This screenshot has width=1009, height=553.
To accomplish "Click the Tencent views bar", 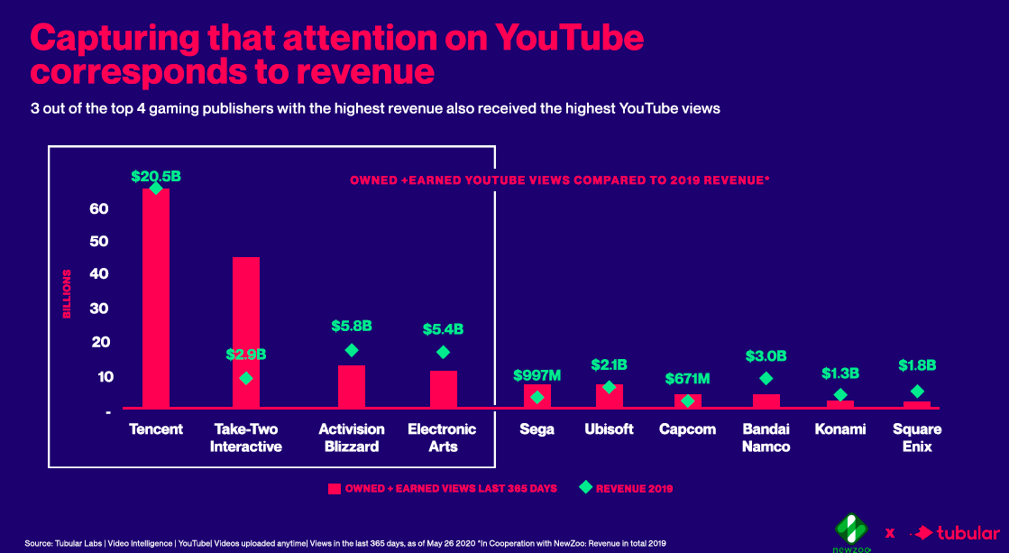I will [156, 298].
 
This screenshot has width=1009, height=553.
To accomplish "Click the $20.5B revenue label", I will [156, 177].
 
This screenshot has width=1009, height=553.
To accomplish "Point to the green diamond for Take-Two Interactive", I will [246, 378].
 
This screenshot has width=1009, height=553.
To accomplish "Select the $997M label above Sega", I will [537, 374].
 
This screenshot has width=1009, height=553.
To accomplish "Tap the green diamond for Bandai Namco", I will [766, 379].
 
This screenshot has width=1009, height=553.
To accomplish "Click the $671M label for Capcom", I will [688, 378].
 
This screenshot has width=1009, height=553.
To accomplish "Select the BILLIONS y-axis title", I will [67, 293].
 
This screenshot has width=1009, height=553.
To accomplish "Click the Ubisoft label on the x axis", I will [610, 429].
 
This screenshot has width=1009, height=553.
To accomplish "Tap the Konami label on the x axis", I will [840, 429].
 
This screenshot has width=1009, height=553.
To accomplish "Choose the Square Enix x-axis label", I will [917, 438].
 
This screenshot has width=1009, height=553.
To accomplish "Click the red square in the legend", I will [334, 488].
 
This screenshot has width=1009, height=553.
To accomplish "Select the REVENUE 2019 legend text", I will [635, 488].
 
